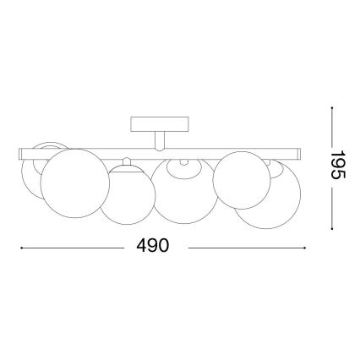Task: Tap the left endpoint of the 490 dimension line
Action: coord(20,247)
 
